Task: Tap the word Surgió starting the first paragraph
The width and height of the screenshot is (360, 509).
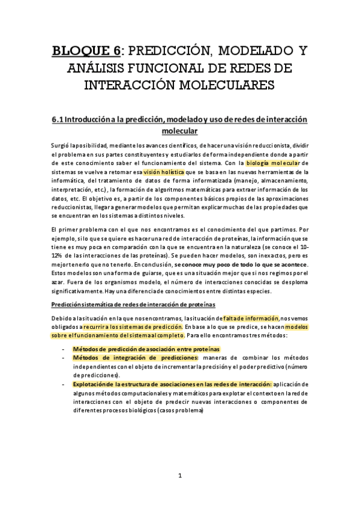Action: point(62,145)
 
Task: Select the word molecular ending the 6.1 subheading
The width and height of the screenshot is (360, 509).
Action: point(180,130)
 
